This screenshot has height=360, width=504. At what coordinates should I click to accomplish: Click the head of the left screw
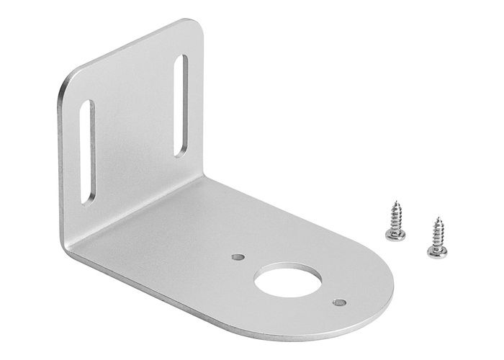pos(395,234)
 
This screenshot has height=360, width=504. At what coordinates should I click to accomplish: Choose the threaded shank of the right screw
pos(436,232)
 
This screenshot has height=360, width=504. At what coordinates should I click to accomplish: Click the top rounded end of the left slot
pos(88,105)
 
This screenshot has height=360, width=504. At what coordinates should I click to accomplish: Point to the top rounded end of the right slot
pos(180,58)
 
